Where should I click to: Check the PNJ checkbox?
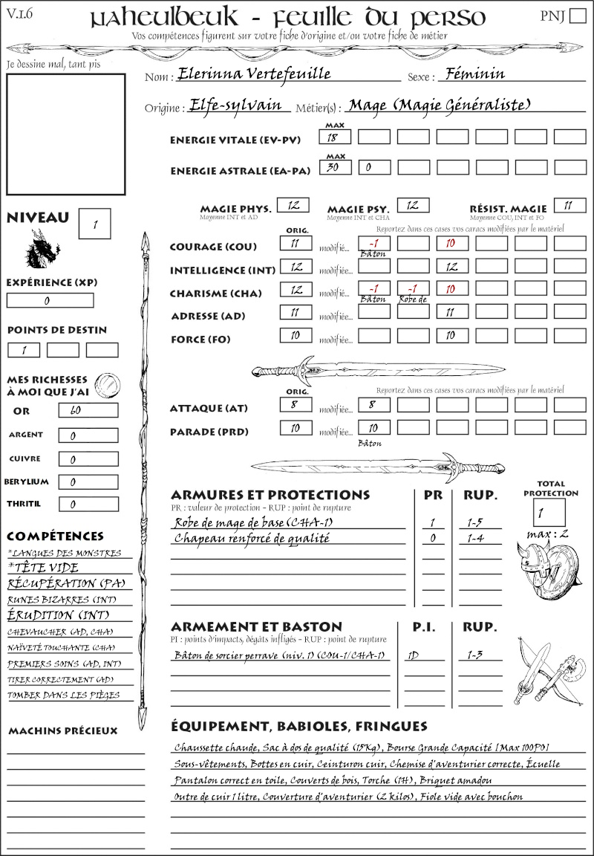point(576,16)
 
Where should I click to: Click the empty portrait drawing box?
point(65,134)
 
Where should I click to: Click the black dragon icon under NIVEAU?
point(42,250)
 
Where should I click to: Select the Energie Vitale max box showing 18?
point(335,137)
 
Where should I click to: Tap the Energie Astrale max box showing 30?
point(335,168)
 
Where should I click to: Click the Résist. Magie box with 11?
point(569,205)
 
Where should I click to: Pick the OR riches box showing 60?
point(88,410)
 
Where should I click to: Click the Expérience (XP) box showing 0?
point(50,301)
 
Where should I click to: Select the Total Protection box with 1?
point(549,512)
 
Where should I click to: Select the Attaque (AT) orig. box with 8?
point(295,405)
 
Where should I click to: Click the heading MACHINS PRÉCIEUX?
point(63,731)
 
